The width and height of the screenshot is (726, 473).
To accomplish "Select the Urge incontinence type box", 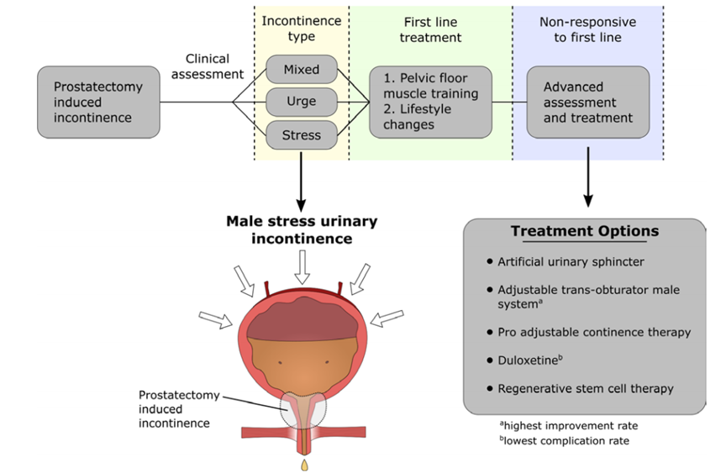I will (302, 102).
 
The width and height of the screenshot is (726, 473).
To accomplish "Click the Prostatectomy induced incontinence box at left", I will (98, 102).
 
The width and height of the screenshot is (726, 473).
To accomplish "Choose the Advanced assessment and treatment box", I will (587, 102).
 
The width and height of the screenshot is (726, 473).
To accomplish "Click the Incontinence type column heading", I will (301, 29).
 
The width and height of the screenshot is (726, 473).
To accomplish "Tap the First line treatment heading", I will (430, 29).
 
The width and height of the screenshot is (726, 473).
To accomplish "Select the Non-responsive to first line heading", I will (587, 29).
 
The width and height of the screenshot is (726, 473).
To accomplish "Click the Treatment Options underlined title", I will (585, 231).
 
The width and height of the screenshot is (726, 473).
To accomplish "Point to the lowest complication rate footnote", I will (563, 440).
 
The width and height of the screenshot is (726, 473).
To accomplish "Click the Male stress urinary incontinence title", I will (302, 229).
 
